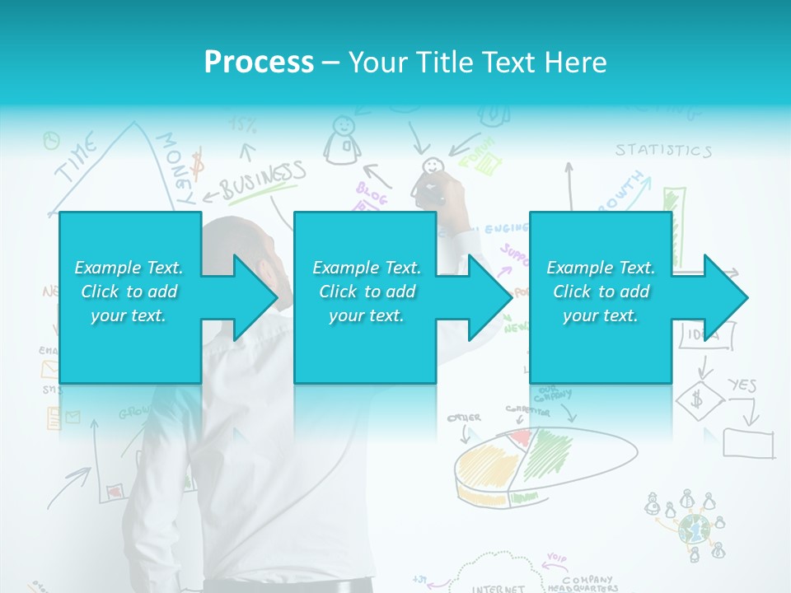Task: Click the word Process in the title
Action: coord(259,63)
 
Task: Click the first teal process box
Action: coord(130,297)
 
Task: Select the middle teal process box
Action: coord(365,297)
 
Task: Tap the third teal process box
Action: coord(600,297)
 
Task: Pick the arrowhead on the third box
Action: coord(724,297)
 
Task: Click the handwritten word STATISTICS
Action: coord(662,150)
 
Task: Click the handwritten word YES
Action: coord(741,385)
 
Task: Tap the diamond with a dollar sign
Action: coord(699,400)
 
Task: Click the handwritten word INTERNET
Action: coord(498,588)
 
